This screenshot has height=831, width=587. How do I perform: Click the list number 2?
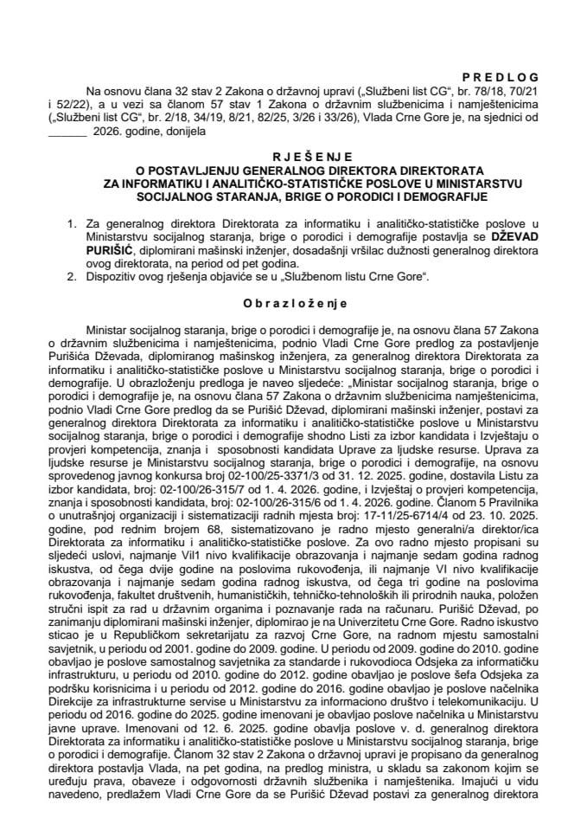point(79,276)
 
